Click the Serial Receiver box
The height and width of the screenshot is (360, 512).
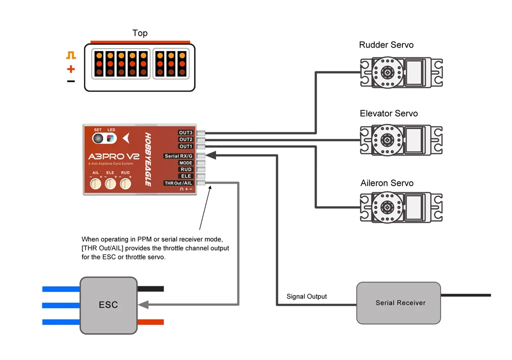pyautogui.click(x=398, y=303)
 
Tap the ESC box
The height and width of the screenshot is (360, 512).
pyautogui.click(x=109, y=305)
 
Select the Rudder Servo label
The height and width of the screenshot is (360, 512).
pyautogui.click(x=386, y=45)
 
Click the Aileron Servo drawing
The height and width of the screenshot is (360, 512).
pyautogui.click(x=401, y=207)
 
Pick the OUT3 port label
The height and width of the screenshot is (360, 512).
pyautogui.click(x=185, y=133)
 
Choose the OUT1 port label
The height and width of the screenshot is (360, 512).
pyautogui.click(x=185, y=146)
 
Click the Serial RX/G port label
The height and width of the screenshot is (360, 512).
pyautogui.click(x=178, y=156)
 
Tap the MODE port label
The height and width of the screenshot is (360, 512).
pyautogui.click(x=185, y=163)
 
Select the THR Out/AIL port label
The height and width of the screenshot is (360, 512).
pyautogui.click(x=178, y=183)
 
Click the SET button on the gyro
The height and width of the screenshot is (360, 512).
pyautogui.click(x=98, y=139)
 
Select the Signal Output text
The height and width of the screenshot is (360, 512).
pyautogui.click(x=307, y=297)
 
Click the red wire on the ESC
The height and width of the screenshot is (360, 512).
pyautogui.click(x=151, y=322)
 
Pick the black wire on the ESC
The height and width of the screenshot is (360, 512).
pyautogui.click(x=151, y=289)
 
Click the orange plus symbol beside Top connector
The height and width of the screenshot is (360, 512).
pyautogui.click(x=71, y=69)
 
